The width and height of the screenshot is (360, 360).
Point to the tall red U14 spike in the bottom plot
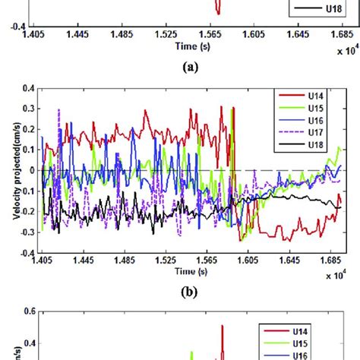[x=223, y=330]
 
